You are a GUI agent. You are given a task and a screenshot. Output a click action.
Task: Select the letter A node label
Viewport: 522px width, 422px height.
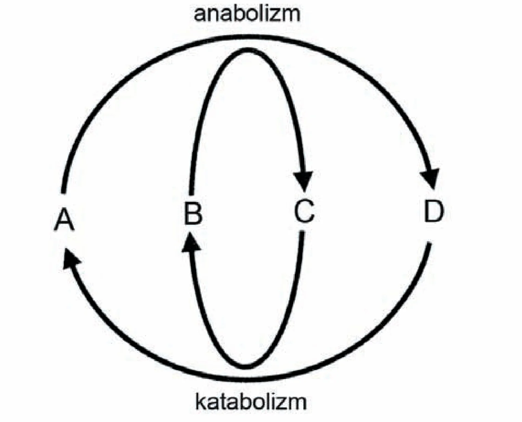(x=64, y=219)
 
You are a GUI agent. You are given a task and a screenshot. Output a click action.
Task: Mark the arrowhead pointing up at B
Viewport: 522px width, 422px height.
(x=191, y=242)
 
